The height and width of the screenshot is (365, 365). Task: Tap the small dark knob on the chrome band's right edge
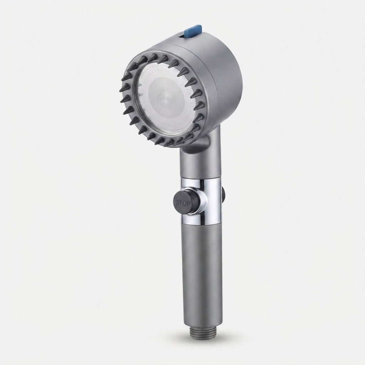(224, 193)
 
